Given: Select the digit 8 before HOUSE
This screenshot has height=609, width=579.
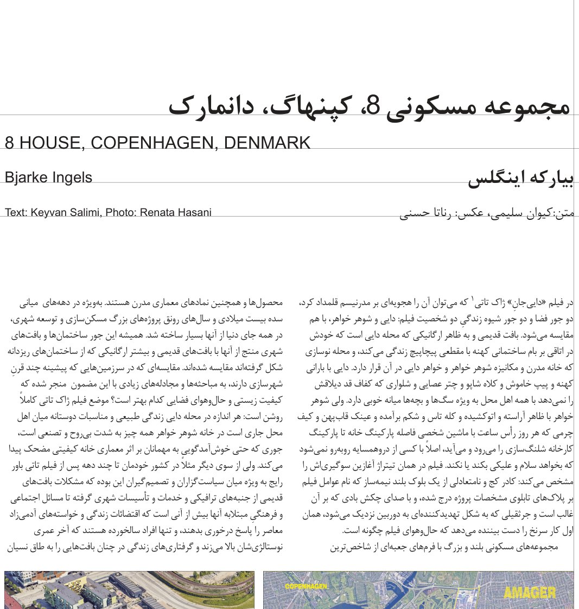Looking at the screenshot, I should (10, 143).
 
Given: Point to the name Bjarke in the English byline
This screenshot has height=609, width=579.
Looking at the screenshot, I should (25, 177).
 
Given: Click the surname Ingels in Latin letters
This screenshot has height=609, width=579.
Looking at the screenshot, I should (71, 177).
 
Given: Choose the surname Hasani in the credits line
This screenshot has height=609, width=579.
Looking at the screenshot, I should (195, 212).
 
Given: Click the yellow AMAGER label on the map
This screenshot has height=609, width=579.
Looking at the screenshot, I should (529, 593).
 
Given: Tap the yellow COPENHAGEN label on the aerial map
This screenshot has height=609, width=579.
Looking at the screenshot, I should (306, 586).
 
